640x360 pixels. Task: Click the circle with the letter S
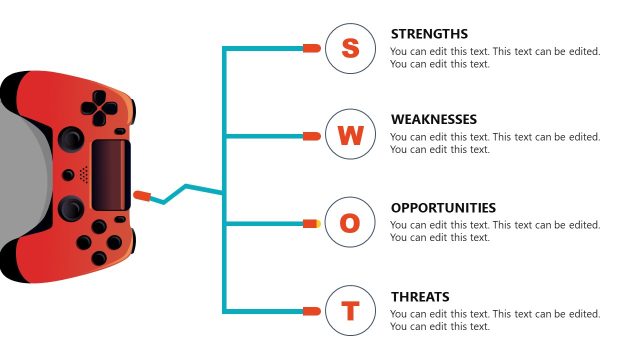[350, 48]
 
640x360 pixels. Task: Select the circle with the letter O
[350, 224]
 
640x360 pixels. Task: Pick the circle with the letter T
[350, 312]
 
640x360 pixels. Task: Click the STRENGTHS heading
[429, 34]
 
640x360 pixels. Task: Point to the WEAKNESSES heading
[434, 120]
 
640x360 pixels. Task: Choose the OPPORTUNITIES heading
[443, 208]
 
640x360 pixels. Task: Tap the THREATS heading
[420, 297]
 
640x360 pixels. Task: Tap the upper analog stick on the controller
[71, 139]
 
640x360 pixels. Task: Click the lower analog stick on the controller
[71, 208]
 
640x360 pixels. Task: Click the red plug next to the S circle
[311, 48]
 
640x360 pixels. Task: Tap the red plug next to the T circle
[311, 312]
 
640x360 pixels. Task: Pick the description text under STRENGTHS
[495, 58]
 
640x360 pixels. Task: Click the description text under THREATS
[495, 320]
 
